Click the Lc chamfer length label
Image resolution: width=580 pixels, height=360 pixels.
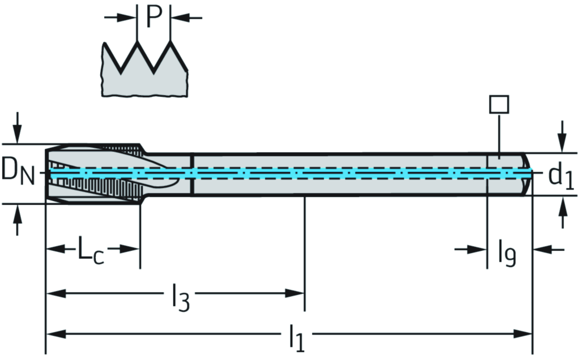tap(91, 251)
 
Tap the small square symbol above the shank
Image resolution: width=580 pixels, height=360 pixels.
tap(499, 104)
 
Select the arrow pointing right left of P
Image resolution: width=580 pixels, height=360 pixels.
tap(126, 18)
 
